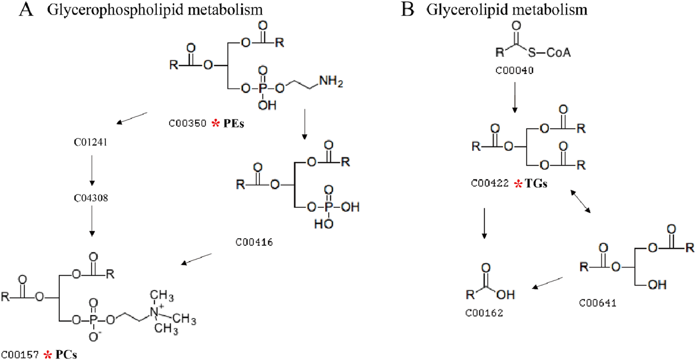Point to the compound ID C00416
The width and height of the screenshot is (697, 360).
click(x=255, y=242)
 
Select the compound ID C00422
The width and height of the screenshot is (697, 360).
click(x=489, y=183)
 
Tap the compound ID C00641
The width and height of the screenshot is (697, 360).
click(x=598, y=303)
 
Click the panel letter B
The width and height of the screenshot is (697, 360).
click(x=407, y=10)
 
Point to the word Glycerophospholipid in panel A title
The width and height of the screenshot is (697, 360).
click(x=101, y=10)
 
